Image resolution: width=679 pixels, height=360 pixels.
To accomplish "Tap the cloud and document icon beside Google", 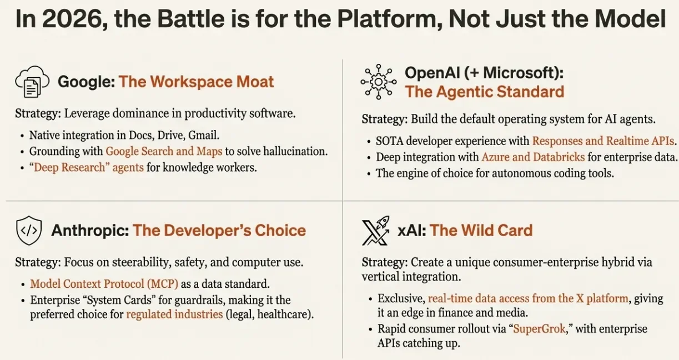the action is coord(32,82).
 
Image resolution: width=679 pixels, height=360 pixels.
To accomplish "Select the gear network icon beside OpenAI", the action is coord(378,82).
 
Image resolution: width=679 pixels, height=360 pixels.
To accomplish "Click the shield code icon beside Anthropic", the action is coord(29,231).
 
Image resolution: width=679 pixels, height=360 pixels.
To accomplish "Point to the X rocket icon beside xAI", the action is coord(375,231).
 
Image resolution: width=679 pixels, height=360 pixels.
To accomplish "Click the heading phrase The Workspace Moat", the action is coord(196,82).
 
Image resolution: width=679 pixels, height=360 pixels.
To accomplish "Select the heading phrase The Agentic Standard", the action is coord(484,92).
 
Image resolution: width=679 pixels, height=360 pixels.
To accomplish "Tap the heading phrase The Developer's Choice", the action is coord(219,231).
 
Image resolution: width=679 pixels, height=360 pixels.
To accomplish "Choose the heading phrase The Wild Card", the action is coord(481,231).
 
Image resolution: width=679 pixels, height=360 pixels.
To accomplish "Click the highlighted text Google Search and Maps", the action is coord(164,151).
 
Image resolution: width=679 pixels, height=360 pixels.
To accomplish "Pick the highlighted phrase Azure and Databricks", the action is coord(533,157).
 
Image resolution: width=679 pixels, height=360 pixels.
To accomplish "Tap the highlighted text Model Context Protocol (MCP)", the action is coord(104,284).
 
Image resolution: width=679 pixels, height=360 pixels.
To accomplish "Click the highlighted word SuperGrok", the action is coord(539,329).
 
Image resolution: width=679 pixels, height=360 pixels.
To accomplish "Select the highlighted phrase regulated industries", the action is coord(174,314).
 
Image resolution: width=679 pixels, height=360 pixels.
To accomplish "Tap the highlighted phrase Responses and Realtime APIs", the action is coord(603,141).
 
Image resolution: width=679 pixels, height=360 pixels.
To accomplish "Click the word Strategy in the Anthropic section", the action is coord(38,263).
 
